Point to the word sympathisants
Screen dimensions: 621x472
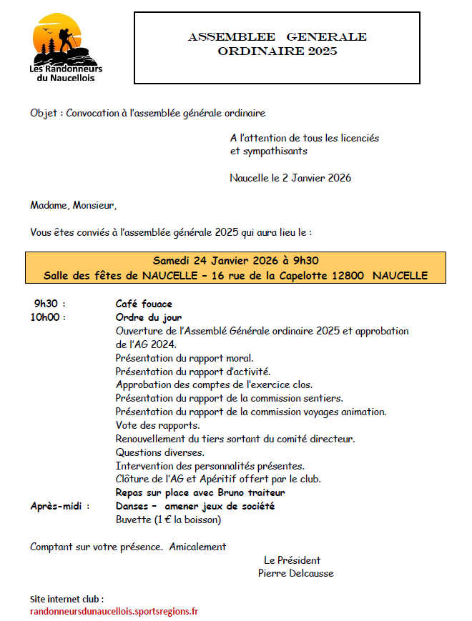[x=269, y=151]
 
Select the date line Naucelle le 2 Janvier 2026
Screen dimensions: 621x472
[x=290, y=178]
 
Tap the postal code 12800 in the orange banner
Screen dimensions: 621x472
[x=348, y=275]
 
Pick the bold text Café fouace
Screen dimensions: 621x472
[x=144, y=304]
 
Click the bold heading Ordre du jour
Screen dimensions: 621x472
[x=148, y=317]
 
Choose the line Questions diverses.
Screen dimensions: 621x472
[x=159, y=452]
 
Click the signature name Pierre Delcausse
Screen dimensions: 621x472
[x=295, y=573]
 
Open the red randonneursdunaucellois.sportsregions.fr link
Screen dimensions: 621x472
[x=114, y=611]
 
